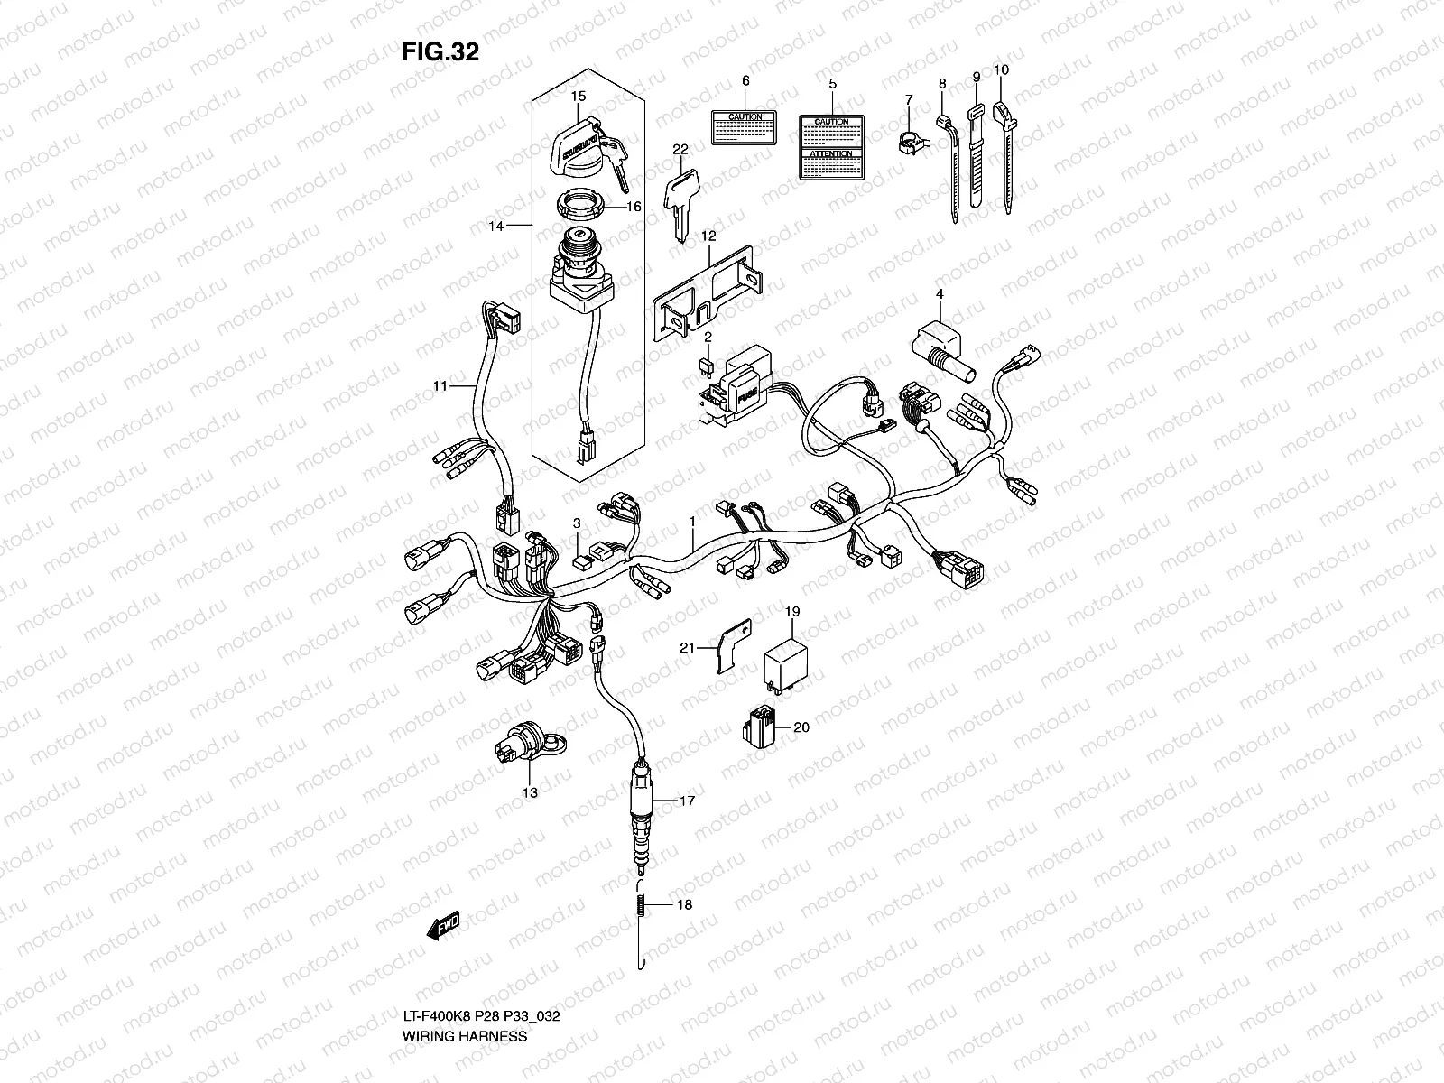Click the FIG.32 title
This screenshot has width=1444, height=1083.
pos(440,52)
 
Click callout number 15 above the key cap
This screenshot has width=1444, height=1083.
pos(579,96)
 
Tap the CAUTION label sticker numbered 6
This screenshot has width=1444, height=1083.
pos(745,128)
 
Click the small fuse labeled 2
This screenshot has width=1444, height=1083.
pos(708,367)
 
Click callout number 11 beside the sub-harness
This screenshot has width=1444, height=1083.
pos(440,386)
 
